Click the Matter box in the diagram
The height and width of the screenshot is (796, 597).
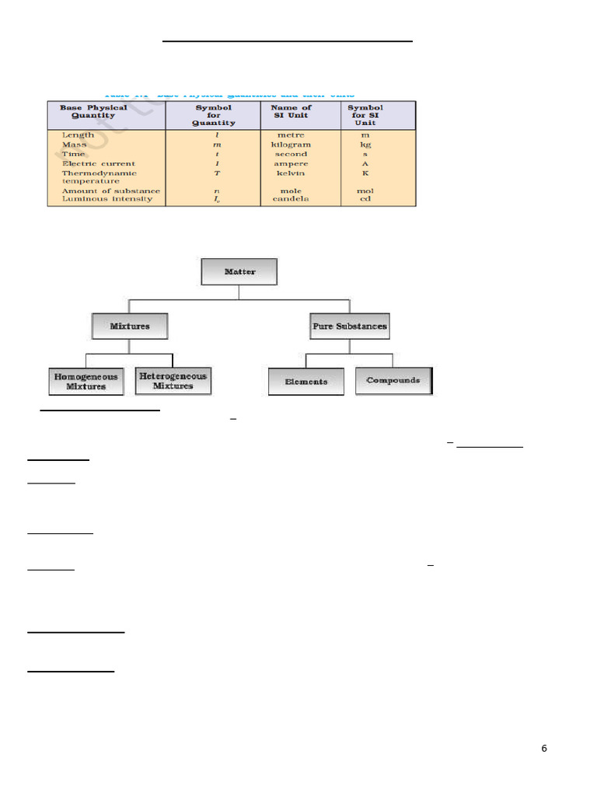[x=239, y=272]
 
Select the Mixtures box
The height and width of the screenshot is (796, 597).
[x=130, y=326]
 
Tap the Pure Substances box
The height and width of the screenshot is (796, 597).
[x=349, y=326]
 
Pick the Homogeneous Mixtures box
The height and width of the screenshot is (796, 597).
[x=86, y=381]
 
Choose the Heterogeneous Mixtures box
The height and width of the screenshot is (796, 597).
[x=173, y=381]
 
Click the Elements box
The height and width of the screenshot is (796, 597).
[x=305, y=382]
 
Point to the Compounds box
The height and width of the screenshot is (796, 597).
[x=393, y=381]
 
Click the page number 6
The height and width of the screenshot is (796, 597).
[x=544, y=749]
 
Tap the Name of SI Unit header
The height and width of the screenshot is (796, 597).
[x=291, y=111]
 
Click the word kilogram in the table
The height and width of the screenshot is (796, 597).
[x=291, y=145]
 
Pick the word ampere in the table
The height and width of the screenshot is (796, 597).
[x=291, y=163]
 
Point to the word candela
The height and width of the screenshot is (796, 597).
[x=291, y=199]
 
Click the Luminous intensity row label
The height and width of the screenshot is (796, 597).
[x=107, y=199]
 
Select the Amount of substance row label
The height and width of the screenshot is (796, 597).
[x=111, y=190]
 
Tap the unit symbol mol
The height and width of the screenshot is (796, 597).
[x=365, y=190]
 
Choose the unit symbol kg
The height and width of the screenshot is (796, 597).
[x=365, y=145]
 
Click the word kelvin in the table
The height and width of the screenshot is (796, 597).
[x=291, y=173]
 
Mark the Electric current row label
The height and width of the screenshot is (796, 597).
[x=98, y=163]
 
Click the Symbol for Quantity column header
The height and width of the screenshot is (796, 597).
[x=214, y=115]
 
